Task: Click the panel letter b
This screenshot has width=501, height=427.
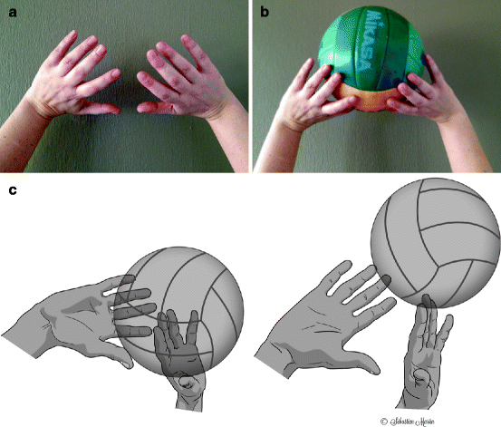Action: [x=265, y=13]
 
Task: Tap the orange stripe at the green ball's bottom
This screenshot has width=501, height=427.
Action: [x=371, y=100]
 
